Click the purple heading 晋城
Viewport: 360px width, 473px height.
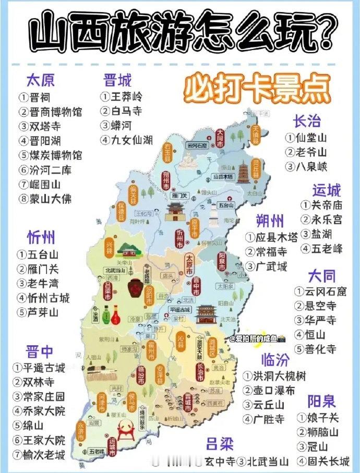coord(117,80)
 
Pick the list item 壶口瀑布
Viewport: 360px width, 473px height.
coord(269,390)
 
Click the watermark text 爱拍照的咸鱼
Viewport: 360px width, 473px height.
coord(256,338)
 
